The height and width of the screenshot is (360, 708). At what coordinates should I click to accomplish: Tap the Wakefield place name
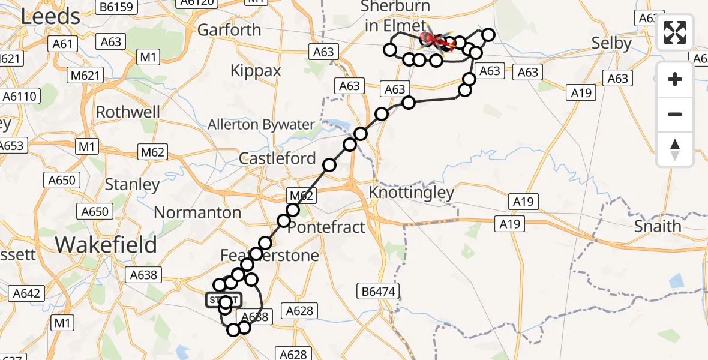tap(106, 245)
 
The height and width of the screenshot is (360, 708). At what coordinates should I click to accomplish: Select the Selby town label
tap(611, 43)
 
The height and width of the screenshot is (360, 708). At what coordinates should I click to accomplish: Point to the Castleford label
tap(277, 158)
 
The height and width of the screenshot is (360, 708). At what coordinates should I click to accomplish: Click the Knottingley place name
tap(412, 193)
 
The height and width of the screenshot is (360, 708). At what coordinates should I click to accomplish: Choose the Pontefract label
tap(326, 227)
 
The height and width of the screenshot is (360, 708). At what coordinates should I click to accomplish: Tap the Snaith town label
tap(658, 226)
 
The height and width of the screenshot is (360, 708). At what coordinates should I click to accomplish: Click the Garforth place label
tap(229, 29)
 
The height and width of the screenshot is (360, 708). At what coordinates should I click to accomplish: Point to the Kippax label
tap(256, 71)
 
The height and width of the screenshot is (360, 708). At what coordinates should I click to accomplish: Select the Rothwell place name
tap(128, 112)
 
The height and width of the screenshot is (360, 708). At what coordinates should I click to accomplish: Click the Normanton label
tap(197, 212)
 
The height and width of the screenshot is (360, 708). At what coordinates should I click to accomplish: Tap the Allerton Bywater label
tap(261, 125)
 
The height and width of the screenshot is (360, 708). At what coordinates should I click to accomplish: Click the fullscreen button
tap(675, 32)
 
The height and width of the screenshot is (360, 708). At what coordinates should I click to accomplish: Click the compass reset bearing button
tap(675, 149)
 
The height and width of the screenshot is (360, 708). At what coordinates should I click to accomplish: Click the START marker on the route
tap(224, 299)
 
